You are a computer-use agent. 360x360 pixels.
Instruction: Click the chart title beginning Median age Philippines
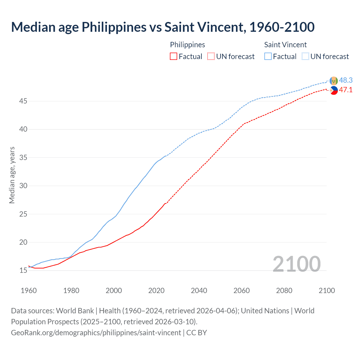coord(163,27)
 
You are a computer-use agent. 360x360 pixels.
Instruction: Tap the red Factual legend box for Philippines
coord(174,57)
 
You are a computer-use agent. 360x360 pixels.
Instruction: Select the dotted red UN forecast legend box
coord(211,57)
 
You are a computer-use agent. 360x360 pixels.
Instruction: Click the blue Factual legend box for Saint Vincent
coord(268,57)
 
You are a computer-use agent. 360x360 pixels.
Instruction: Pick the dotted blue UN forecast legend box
coord(305,57)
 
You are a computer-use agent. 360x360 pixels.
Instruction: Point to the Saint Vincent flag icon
coord(334,81)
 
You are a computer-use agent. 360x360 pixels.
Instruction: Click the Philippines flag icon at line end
coord(334,90)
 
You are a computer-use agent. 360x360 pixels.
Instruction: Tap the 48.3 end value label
coord(346,80)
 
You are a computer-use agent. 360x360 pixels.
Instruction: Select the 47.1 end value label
coord(346,90)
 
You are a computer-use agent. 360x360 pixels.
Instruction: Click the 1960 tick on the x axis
coord(29,291)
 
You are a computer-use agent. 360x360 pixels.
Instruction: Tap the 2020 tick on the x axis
coord(156,291)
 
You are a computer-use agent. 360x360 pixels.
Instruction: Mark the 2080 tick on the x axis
coord(284,291)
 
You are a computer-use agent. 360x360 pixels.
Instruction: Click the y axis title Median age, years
coord(12,175)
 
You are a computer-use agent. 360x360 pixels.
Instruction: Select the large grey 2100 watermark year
coord(296,264)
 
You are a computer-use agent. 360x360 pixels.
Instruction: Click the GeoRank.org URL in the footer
coord(96,333)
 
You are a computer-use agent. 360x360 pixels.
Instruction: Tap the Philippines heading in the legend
coord(187,45)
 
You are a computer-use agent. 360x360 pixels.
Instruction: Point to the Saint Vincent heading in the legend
coord(285,45)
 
